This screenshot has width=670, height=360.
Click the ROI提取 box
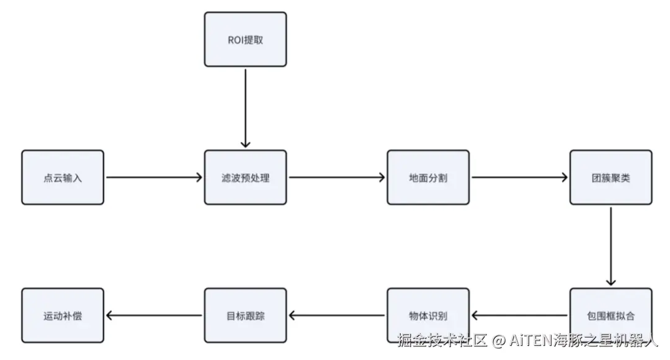[x=245, y=39]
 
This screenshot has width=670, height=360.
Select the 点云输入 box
[x=63, y=178]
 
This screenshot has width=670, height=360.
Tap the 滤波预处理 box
[x=245, y=178]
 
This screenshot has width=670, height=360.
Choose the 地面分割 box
[x=428, y=178]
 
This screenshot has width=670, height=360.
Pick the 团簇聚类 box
[x=611, y=178]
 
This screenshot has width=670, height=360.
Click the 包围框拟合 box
[x=611, y=315]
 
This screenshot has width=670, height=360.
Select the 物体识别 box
[x=428, y=315]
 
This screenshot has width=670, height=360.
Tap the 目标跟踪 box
[x=245, y=315]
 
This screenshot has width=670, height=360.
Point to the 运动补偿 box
[x=63, y=315]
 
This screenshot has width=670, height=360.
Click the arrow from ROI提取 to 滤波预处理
[x=245, y=109]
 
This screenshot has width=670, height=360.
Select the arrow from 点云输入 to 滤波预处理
[x=154, y=177]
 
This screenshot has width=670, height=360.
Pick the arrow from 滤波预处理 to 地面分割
[x=337, y=177]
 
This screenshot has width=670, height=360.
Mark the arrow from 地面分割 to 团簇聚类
[x=520, y=177]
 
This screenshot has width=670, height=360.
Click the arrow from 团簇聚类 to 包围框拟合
[x=611, y=246]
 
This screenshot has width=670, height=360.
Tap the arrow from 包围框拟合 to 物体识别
[x=520, y=315]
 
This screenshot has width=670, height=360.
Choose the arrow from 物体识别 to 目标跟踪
[x=337, y=315]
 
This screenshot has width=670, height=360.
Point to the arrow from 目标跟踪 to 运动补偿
[x=154, y=315]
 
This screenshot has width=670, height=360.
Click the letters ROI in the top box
[x=236, y=40]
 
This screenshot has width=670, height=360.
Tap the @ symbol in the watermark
[x=498, y=341]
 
